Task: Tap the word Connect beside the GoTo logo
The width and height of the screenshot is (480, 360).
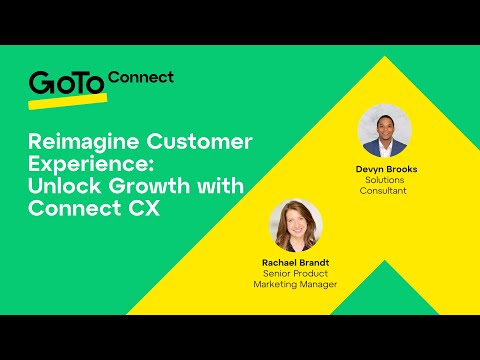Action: click(140, 77)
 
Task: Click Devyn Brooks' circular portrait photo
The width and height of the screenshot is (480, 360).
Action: click(385, 131)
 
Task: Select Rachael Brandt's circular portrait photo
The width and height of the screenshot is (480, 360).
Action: click(295, 226)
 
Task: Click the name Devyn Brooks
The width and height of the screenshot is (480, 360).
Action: click(386, 169)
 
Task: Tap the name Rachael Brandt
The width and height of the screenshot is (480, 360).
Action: click(295, 263)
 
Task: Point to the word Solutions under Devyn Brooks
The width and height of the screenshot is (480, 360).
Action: click(386, 179)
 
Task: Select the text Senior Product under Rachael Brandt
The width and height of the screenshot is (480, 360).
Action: click(295, 274)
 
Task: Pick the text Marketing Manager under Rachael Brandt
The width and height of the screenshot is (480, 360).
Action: click(295, 284)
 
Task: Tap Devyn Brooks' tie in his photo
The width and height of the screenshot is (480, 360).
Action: click(385, 148)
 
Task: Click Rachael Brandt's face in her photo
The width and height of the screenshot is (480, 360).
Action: click(296, 222)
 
